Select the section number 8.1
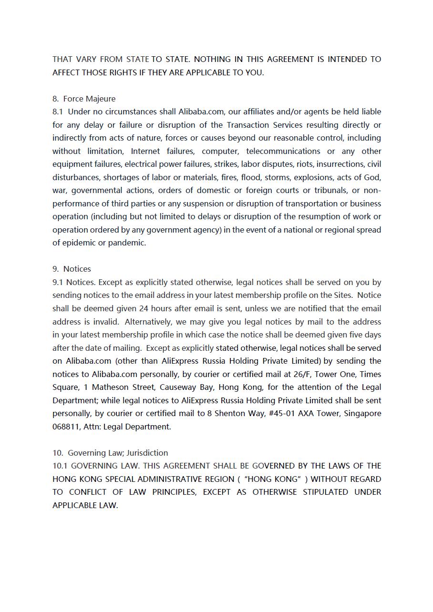(58, 112)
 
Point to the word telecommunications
(283, 151)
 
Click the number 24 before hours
(144, 308)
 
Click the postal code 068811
(66, 427)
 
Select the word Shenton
(230, 413)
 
